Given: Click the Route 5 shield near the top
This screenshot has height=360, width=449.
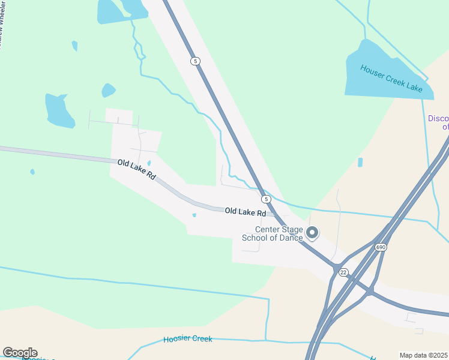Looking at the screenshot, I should coord(194,61).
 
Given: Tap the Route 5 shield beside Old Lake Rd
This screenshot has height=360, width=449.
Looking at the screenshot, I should coord(266,199).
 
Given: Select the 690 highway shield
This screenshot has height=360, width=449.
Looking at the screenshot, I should coord(381,247).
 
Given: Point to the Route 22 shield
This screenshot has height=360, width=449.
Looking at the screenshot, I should coord(343,272).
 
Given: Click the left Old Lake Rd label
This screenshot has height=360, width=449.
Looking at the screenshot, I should coord(136,170).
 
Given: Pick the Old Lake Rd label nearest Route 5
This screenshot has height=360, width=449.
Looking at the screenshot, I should coord(245,212).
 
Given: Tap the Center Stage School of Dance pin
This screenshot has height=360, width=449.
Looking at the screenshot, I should coord(312,232).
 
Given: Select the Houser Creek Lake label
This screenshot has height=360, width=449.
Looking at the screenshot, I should coord(391,77).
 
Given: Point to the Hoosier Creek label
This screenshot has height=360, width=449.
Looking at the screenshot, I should coord(188,340).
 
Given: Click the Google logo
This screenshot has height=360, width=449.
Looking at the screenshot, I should coord(20,353).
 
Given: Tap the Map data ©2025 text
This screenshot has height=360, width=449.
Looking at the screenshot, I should coord(424,355).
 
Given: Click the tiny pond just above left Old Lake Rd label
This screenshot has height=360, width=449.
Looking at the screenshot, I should coord(149,163).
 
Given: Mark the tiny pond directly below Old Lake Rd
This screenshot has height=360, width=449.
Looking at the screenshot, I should coord(194,215).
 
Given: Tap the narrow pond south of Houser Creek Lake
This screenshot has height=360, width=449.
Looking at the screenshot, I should coord(360,162).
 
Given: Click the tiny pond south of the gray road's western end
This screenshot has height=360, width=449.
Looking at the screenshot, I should coord(32,172).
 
